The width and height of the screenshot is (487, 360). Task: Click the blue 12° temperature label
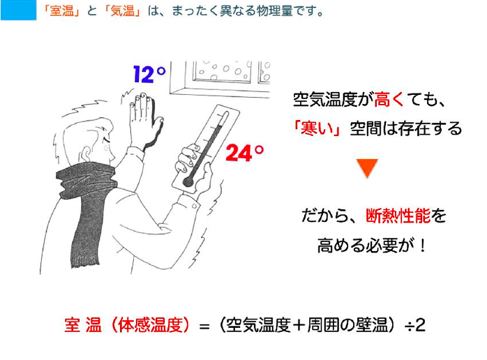pyautogui.click(x=149, y=75)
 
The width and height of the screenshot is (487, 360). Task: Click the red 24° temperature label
pyautogui.click(x=244, y=153)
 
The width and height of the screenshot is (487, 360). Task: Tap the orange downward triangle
pyautogui.click(x=367, y=167)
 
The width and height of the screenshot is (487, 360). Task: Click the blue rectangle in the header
pyautogui.click(x=18, y=10)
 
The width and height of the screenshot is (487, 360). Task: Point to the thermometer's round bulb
pyautogui.click(x=188, y=181)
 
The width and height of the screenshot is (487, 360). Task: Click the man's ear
pyautogui.click(x=88, y=152)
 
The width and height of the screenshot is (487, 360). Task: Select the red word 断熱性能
pyautogui.click(x=398, y=216)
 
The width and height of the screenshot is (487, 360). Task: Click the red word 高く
pyautogui.click(x=388, y=100)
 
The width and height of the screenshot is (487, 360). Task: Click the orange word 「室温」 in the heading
pyautogui.click(x=61, y=11)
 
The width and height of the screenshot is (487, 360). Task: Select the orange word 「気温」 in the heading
pyautogui.click(x=123, y=11)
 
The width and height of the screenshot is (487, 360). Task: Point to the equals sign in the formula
pyautogui.click(x=204, y=327)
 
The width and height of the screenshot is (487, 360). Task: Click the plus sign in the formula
pyautogui.click(x=299, y=325)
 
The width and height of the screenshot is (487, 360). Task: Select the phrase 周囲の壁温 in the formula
pyautogui.click(x=347, y=325)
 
